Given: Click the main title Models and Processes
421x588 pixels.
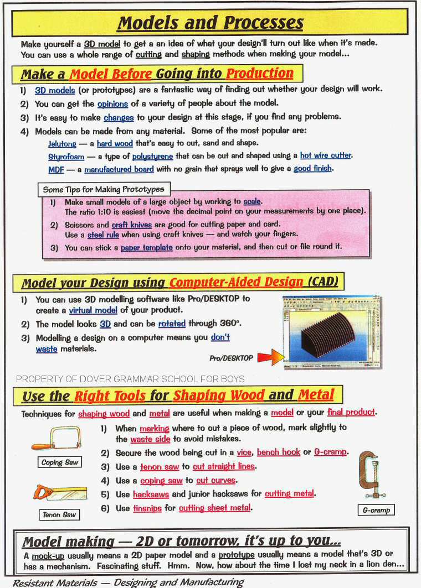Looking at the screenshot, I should [x=210, y=23].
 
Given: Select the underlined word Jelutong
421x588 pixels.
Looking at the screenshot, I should [x=62, y=144].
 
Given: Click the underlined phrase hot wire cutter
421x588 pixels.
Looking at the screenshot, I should [x=326, y=156].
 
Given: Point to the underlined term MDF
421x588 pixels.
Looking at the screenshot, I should [x=56, y=169].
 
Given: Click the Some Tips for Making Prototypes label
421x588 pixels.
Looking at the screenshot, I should [x=104, y=189].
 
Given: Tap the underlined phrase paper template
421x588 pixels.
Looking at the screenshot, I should [x=147, y=247].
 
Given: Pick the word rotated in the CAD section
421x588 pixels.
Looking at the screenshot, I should [x=172, y=324].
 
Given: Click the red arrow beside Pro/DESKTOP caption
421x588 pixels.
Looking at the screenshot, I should [x=271, y=356].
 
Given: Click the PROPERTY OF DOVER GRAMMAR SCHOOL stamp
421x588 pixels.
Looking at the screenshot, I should [x=130, y=379].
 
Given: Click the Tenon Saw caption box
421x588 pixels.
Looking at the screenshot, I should [x=59, y=514].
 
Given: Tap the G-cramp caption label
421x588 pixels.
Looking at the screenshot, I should [x=376, y=510].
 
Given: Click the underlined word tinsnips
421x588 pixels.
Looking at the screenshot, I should [x=147, y=507].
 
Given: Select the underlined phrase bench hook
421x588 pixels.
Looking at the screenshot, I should [x=278, y=452].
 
